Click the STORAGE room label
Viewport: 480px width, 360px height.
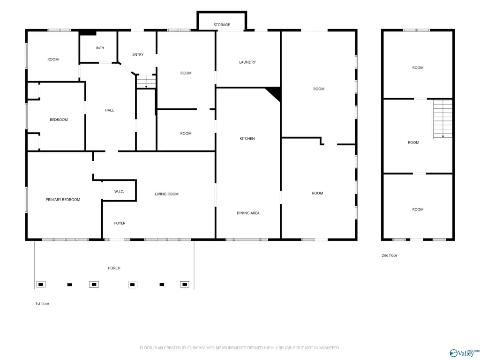222,25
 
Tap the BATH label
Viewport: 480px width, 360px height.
100,48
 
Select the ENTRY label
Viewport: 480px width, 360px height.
138,54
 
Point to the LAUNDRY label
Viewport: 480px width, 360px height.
247,62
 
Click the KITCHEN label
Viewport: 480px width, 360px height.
247,138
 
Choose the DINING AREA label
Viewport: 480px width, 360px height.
248,213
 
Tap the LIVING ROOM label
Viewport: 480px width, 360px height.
166,194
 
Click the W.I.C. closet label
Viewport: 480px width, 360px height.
119,192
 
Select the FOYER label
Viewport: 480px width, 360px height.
120,223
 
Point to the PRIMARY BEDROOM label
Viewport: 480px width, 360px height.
63,200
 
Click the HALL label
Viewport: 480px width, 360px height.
109,110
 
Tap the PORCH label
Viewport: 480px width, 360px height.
114,268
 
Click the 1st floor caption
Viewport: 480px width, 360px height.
42,304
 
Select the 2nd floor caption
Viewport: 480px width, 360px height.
390,255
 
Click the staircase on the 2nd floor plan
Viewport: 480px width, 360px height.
442,119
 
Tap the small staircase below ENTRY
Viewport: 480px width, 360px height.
146,82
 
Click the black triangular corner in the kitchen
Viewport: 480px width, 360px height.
275,93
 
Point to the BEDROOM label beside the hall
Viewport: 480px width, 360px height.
59,120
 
